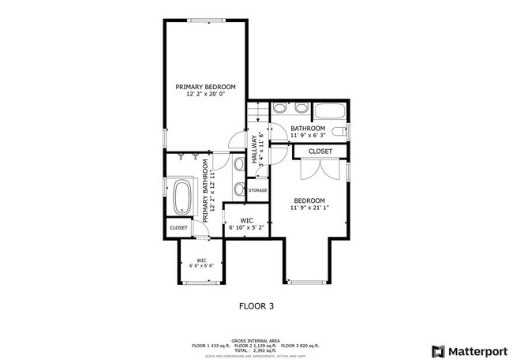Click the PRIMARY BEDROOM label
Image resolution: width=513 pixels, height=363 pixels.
(x=205, y=87)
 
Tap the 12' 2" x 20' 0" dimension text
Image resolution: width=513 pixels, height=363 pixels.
(x=205, y=95)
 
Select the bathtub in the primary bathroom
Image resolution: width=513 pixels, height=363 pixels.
(x=181, y=197)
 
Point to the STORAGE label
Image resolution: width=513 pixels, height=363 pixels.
(x=258, y=191)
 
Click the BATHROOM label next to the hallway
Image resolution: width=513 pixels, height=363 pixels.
(x=308, y=129)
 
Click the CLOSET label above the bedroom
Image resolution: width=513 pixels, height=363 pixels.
(x=320, y=152)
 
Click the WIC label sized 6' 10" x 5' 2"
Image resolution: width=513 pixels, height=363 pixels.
(x=246, y=224)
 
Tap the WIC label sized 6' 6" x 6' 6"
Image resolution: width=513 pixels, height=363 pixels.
(x=201, y=263)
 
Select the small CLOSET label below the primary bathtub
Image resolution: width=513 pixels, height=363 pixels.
(x=178, y=227)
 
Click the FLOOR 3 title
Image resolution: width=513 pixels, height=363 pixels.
(x=256, y=305)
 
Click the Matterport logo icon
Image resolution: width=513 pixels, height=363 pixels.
(x=436, y=350)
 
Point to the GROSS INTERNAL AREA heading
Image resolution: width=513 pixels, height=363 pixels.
(x=256, y=340)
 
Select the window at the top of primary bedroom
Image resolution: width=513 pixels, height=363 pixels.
(x=205, y=20)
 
